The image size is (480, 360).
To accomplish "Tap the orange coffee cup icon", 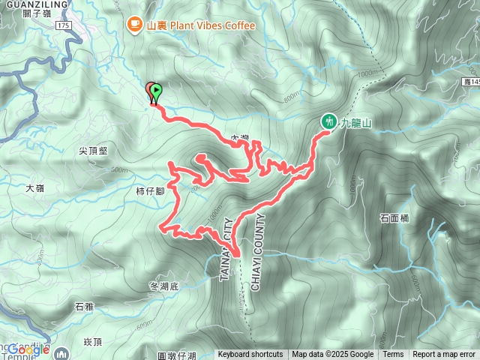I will [x=135, y=25].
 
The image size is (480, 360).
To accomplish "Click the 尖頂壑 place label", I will [x=93, y=150].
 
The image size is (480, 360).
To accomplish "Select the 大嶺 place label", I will [x=35, y=189].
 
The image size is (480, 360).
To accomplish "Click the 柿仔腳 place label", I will [x=150, y=191].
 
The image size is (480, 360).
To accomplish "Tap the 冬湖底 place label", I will [x=164, y=286].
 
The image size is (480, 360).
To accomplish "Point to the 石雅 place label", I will [x=84, y=306].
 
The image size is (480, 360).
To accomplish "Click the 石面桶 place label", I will [x=394, y=219].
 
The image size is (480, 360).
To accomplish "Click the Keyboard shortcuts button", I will [x=250, y=355].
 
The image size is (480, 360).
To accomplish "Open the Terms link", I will [x=393, y=355].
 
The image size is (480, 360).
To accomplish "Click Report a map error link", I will [x=444, y=355].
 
